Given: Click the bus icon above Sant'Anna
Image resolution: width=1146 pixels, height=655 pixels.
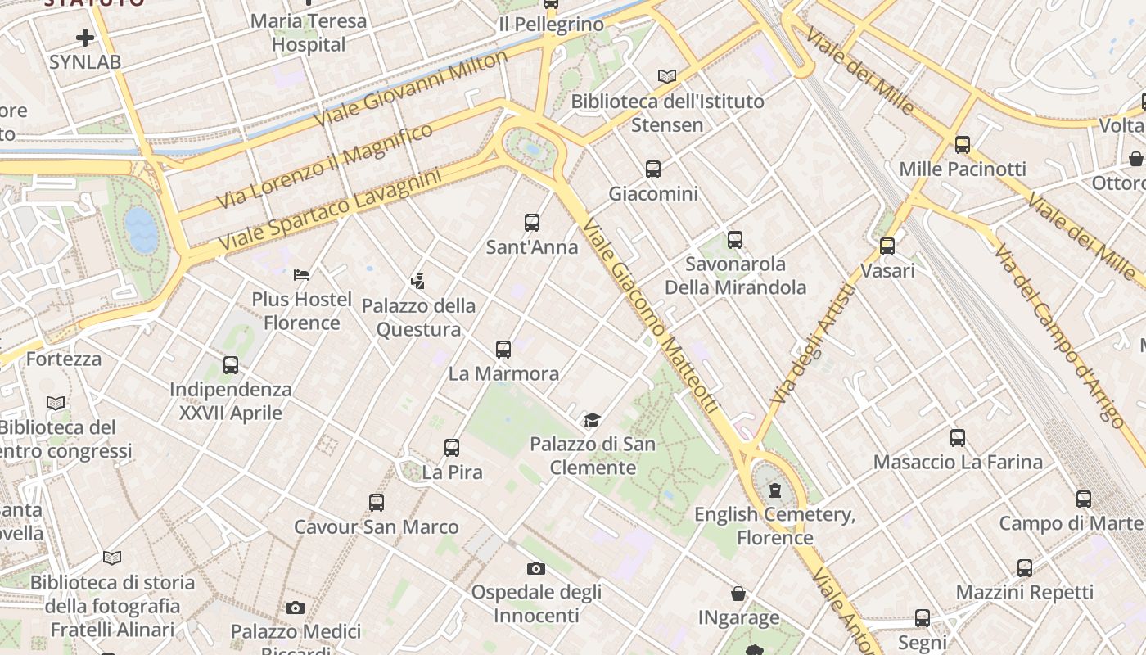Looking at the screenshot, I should [x=532, y=222].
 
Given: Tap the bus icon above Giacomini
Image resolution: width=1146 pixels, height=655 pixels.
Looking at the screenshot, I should [x=652, y=169].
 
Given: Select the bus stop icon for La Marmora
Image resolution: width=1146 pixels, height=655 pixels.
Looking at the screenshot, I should [x=503, y=350].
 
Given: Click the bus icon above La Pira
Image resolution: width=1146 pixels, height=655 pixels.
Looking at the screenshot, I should [x=452, y=448].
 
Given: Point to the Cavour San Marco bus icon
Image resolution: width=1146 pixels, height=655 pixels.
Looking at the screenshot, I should [x=377, y=502].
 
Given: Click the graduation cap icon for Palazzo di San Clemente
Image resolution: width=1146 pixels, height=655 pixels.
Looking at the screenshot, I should [x=592, y=421].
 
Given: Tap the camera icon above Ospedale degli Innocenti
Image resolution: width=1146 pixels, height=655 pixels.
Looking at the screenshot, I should [x=536, y=568].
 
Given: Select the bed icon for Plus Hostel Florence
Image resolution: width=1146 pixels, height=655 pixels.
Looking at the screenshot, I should [x=301, y=274].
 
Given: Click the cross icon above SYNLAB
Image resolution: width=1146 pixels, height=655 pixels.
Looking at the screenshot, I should [x=85, y=38].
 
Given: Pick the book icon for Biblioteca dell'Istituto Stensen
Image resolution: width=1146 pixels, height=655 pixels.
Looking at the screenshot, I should [x=667, y=77].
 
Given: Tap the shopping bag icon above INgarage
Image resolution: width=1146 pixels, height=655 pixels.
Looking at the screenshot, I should [x=738, y=594].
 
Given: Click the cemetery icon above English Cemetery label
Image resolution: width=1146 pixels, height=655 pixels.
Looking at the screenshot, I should [x=774, y=491].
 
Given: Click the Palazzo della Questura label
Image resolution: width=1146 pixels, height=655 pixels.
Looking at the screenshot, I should [x=418, y=318].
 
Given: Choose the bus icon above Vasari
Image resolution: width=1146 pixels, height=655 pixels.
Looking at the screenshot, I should [x=887, y=246].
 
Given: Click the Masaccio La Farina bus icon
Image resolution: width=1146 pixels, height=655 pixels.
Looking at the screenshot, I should [x=958, y=438].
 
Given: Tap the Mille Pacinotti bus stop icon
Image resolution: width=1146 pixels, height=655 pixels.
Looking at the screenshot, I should [x=963, y=145].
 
